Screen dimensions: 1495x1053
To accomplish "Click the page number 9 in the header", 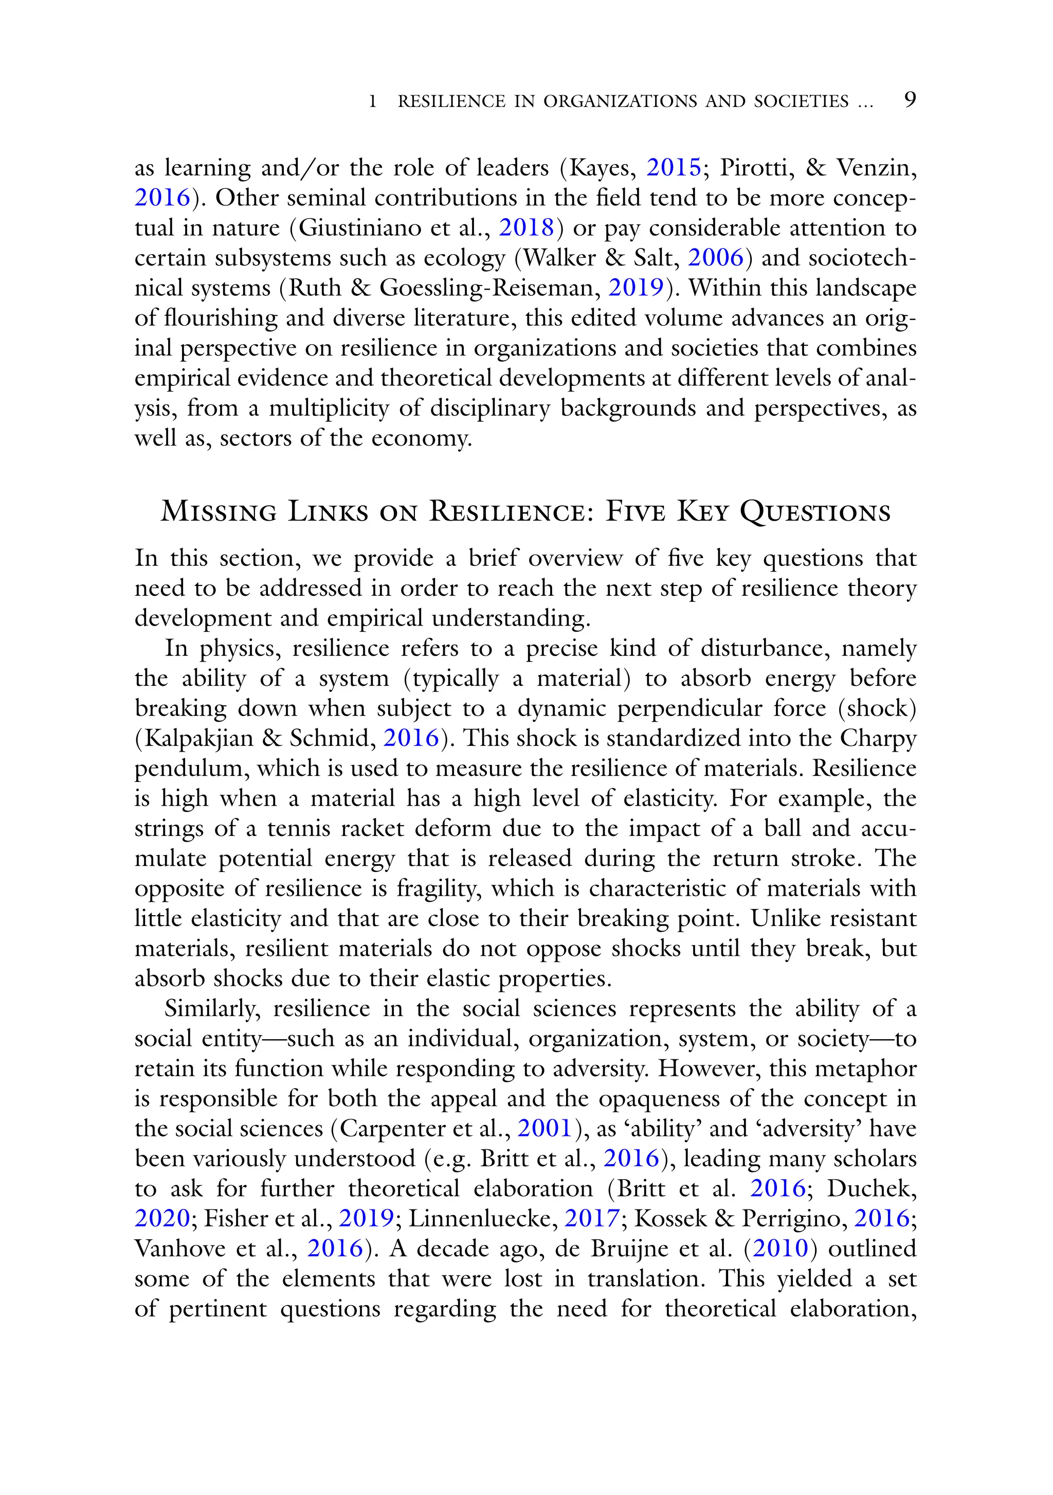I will (x=910, y=100).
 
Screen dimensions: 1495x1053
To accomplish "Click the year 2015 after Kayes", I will (x=673, y=168).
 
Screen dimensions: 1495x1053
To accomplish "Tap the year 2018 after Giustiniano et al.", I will (x=526, y=228).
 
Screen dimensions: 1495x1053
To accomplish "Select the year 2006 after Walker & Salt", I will (x=715, y=258).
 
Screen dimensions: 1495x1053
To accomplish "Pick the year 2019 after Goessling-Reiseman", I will (x=636, y=288).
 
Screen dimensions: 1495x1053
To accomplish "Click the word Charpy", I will (x=878, y=738).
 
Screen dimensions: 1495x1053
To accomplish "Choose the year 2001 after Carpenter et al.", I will (x=544, y=1128).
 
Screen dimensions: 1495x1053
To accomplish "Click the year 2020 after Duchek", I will (x=162, y=1218).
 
